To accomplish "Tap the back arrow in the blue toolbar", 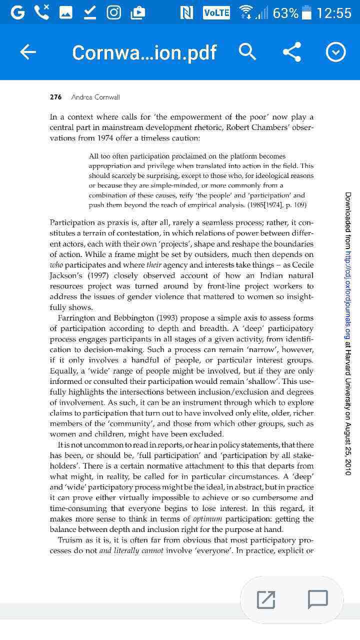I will click(x=28, y=52).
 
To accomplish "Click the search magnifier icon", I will click(x=247, y=52).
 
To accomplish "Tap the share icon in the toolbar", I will click(x=292, y=52).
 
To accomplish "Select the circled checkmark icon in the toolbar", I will click(x=335, y=52).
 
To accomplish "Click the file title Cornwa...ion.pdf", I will click(x=144, y=52).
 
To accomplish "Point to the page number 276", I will click(x=55, y=97).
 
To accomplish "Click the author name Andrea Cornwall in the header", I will click(x=95, y=97).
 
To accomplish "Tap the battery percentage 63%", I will click(x=285, y=13).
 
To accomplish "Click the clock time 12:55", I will click(x=334, y=13).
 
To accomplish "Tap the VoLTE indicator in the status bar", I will click(x=216, y=13).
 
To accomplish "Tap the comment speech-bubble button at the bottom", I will click(x=317, y=599).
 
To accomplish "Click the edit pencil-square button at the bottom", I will click(x=266, y=599).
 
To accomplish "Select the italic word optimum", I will click(x=207, y=519).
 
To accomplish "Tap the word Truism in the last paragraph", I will click(x=70, y=540).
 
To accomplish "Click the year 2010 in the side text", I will click(x=348, y=466).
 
